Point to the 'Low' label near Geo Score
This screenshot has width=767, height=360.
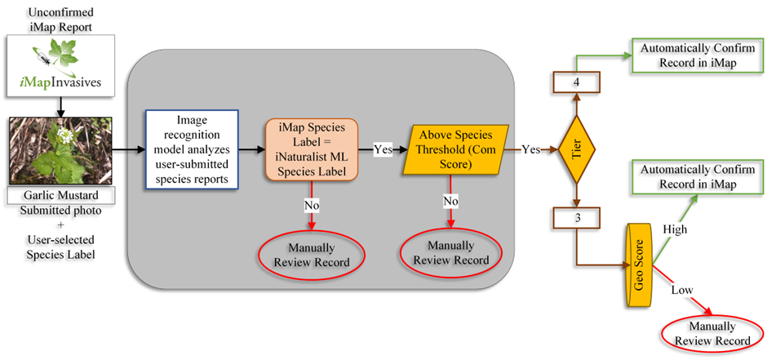coord(683,291)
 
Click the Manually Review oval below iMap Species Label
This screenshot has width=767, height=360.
coord(313,255)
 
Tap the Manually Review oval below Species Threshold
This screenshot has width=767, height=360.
coord(453,254)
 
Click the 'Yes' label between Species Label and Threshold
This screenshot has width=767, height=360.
coord(382,150)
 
